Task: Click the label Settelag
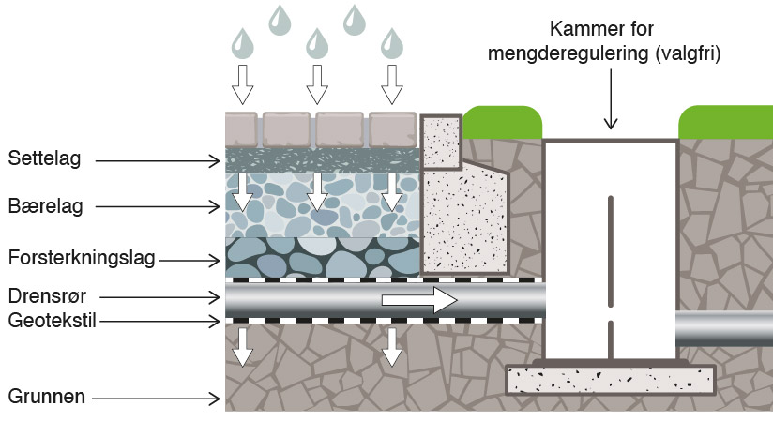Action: [x=44, y=158]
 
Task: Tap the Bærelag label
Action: [x=45, y=206]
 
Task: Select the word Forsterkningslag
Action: [x=82, y=258]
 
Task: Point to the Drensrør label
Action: [x=47, y=296]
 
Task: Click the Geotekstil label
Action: [x=52, y=321]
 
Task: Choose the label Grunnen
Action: [x=47, y=397]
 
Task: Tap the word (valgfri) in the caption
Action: [x=689, y=53]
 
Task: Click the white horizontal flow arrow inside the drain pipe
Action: [x=419, y=300]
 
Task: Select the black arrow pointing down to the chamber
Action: [x=611, y=99]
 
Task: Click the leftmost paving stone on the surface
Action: [x=242, y=129]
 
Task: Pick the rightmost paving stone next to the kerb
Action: [x=393, y=129]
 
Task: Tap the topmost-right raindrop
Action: [x=354, y=21]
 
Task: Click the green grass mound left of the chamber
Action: [x=502, y=123]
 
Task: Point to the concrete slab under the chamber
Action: [x=611, y=380]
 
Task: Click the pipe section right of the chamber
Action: [x=724, y=328]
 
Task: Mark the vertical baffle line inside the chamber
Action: [x=611, y=277]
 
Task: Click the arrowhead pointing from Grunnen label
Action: [x=215, y=399]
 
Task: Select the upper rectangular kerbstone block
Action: [x=441, y=142]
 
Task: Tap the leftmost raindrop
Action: [x=243, y=43]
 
